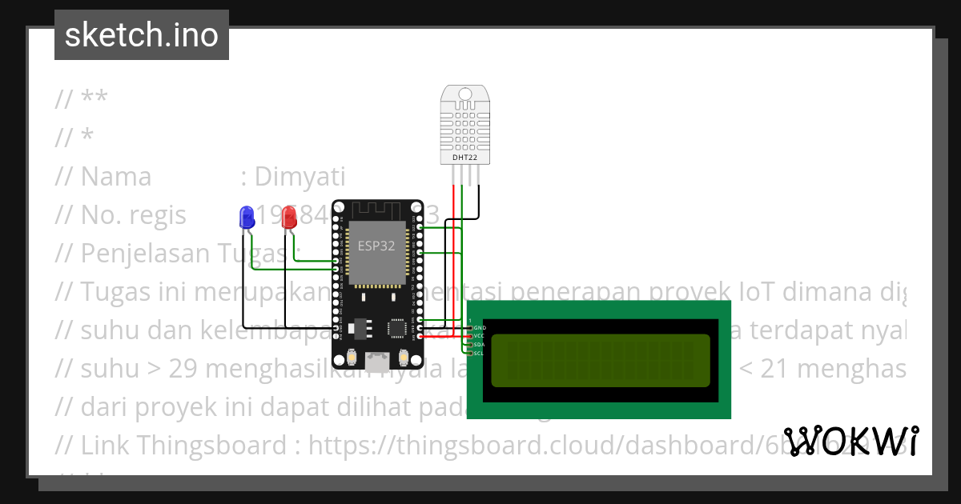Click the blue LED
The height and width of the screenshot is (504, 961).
point(247,216)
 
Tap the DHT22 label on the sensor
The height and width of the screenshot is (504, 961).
point(465,158)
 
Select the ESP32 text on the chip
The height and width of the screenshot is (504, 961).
point(376,246)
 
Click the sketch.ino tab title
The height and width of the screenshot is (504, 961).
point(142,35)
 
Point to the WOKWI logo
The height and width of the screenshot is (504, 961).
point(851,441)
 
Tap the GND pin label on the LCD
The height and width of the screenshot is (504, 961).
point(480,328)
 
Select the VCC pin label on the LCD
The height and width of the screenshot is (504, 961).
point(480,336)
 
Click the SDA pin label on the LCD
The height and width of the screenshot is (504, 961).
point(480,345)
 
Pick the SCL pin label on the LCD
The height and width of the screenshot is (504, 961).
point(480,353)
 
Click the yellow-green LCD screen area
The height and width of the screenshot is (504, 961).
point(600,360)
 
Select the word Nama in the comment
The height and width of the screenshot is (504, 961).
point(116,176)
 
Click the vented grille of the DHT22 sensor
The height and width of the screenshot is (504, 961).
point(465,125)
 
